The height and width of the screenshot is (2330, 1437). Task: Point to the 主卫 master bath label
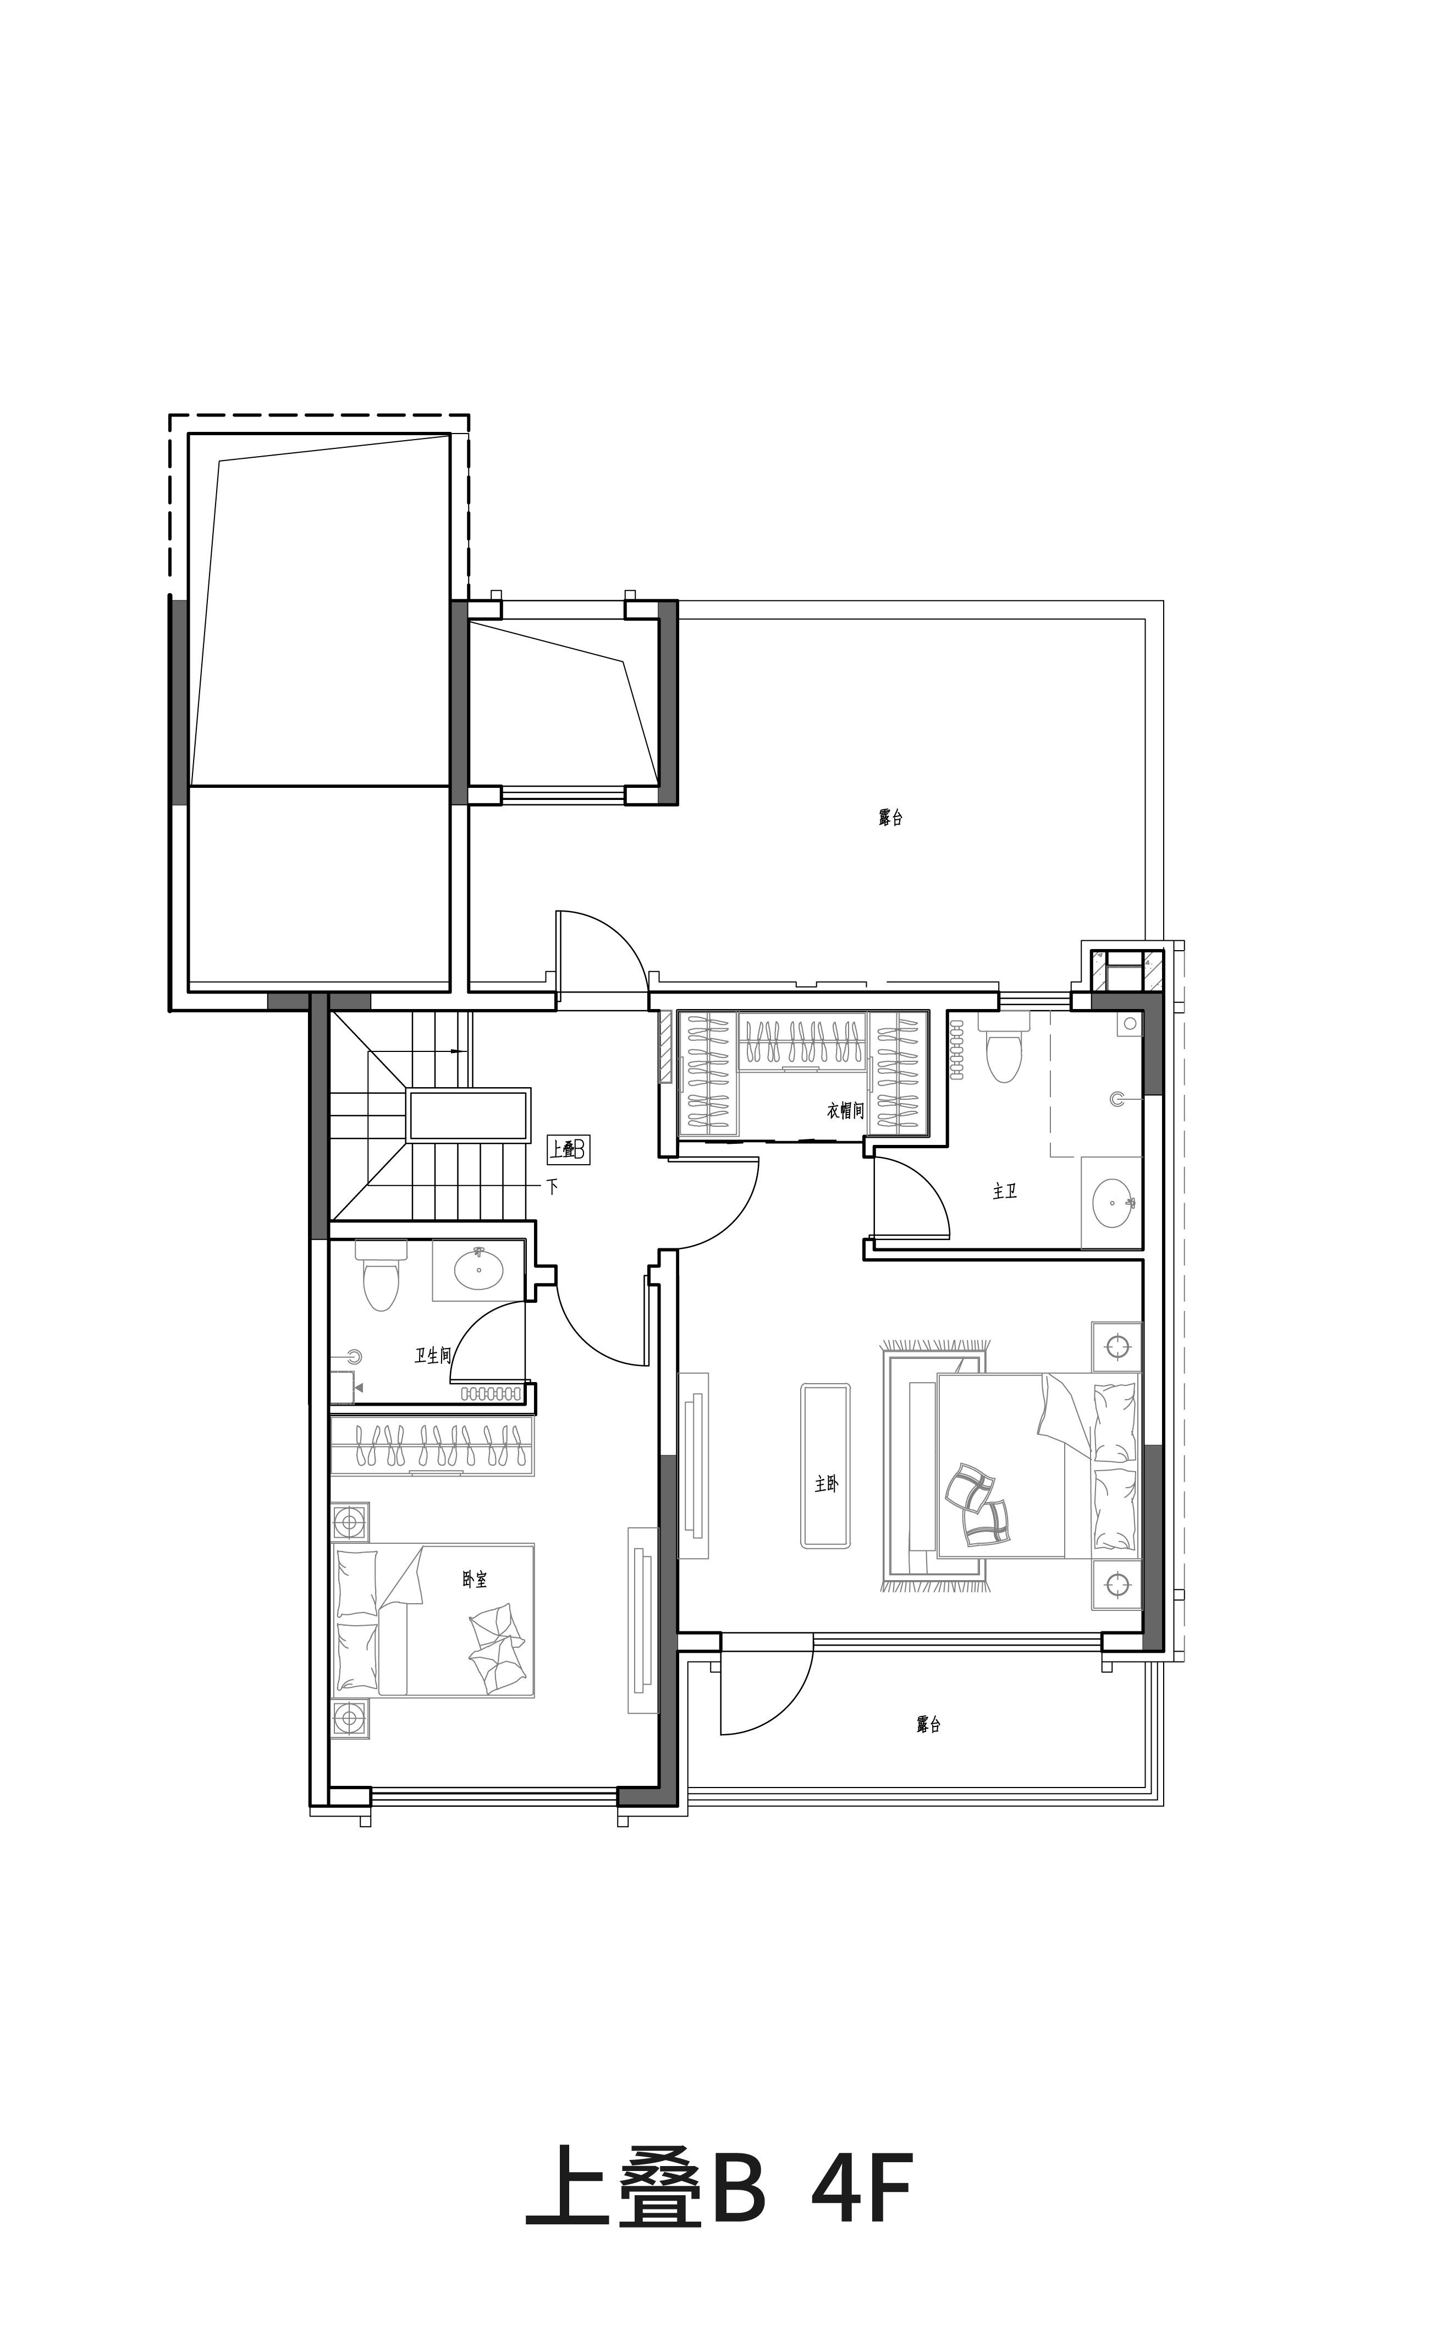coord(1005,1191)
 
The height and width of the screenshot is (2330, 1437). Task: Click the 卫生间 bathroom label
coord(432,1356)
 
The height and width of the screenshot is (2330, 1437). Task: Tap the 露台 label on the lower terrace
coord(928,1724)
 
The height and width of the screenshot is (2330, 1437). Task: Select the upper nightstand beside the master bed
coord(1117,1346)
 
